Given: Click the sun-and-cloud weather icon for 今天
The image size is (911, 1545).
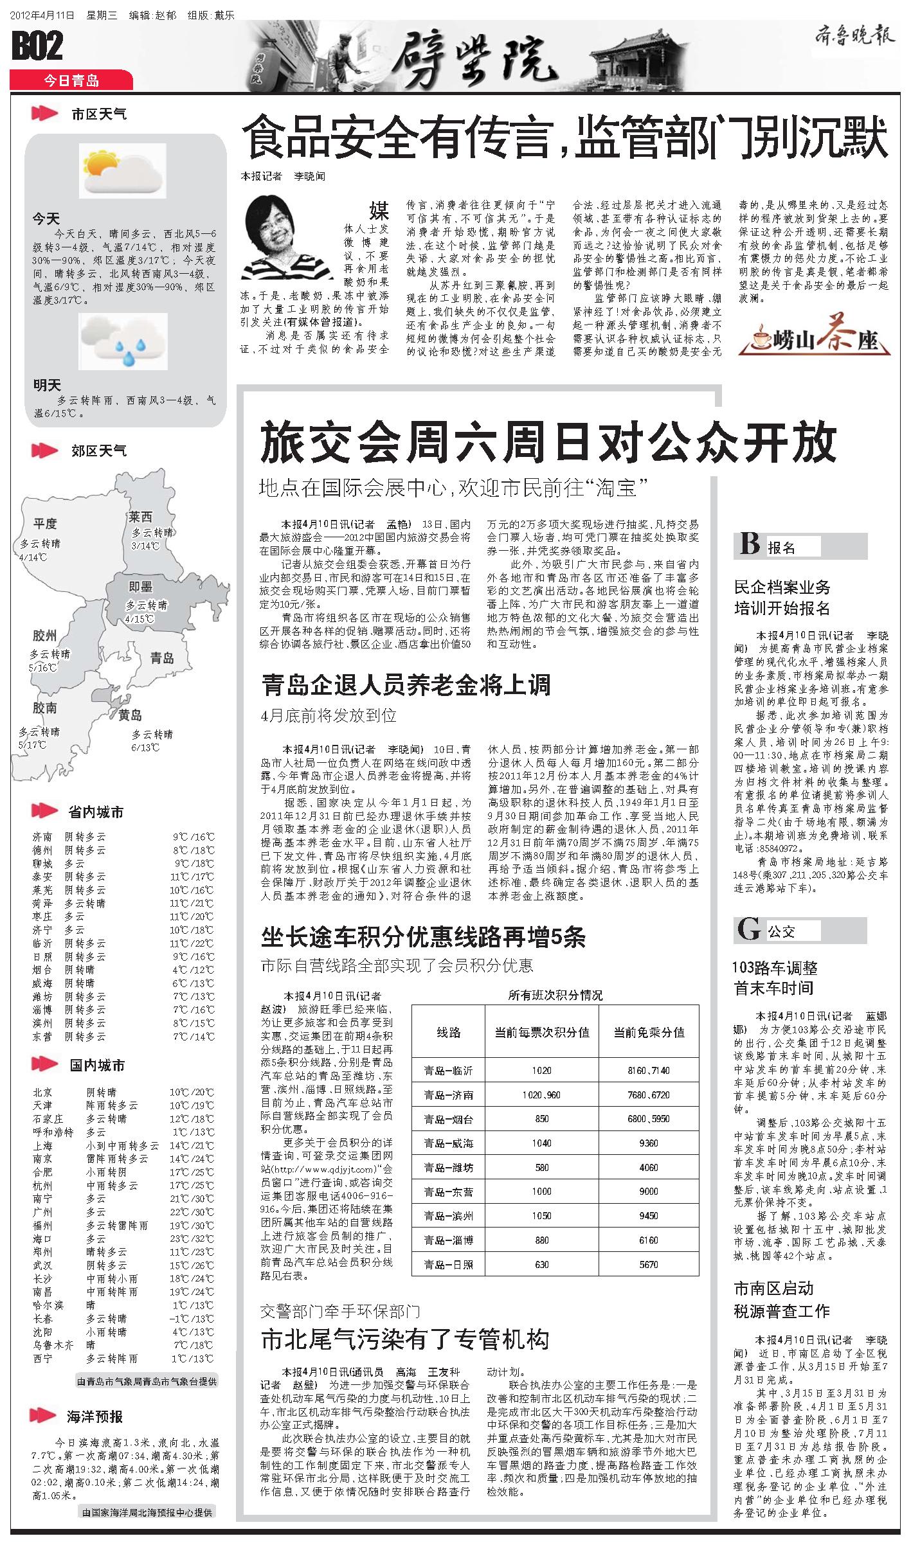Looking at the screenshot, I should (122, 170).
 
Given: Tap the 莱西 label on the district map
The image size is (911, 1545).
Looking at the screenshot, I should (140, 517).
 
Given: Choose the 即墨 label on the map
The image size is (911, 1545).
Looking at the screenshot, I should (140, 586).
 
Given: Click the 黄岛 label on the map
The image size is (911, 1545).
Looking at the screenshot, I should (130, 715).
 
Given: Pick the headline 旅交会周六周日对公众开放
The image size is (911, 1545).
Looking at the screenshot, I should (548, 442).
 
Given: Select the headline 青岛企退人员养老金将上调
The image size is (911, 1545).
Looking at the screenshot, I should (406, 685).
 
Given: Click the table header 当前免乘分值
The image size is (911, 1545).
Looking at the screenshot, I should (649, 1032).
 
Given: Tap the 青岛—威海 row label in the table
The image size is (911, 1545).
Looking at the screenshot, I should (449, 1143).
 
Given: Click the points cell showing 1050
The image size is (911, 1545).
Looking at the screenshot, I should (541, 1216).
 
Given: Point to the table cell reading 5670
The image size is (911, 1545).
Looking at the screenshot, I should (649, 1264).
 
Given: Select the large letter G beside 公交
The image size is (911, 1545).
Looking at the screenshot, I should (749, 930).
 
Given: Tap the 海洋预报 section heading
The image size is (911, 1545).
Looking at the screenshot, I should (95, 1416).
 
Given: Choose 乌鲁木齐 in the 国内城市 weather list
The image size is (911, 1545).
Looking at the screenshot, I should (54, 1344).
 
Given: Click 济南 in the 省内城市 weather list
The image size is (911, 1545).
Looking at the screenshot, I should (42, 837).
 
